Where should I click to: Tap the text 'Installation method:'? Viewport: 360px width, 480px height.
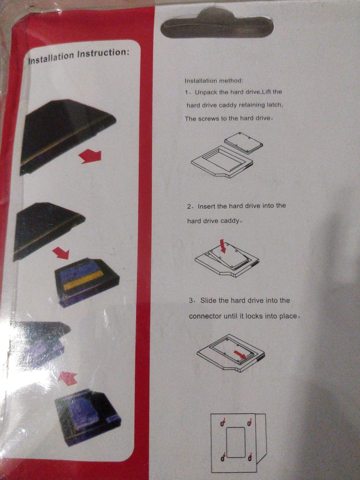(214, 81)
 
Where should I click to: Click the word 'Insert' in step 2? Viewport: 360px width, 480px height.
(206, 206)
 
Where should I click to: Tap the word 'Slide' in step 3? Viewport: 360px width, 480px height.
(208, 300)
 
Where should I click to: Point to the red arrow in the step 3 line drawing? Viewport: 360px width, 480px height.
(240, 355)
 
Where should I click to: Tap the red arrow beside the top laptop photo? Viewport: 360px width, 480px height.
(90, 157)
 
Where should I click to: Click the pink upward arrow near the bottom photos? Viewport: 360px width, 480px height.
(68, 378)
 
